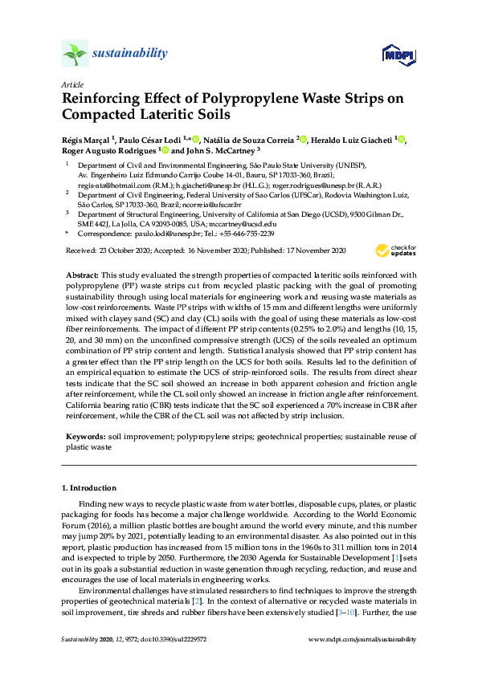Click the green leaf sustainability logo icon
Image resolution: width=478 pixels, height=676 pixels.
pyautogui.click(x=75, y=55)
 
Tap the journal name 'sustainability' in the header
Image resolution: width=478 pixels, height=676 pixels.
pyautogui.click(x=130, y=54)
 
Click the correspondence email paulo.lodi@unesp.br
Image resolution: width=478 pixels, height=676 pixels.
pyautogui.click(x=157, y=234)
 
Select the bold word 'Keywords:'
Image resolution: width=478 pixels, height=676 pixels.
pyautogui.click(x=84, y=436)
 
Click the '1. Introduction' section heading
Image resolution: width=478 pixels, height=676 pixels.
pyautogui.click(x=89, y=487)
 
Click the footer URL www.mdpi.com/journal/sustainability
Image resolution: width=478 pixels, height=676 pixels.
pyautogui.click(x=362, y=640)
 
